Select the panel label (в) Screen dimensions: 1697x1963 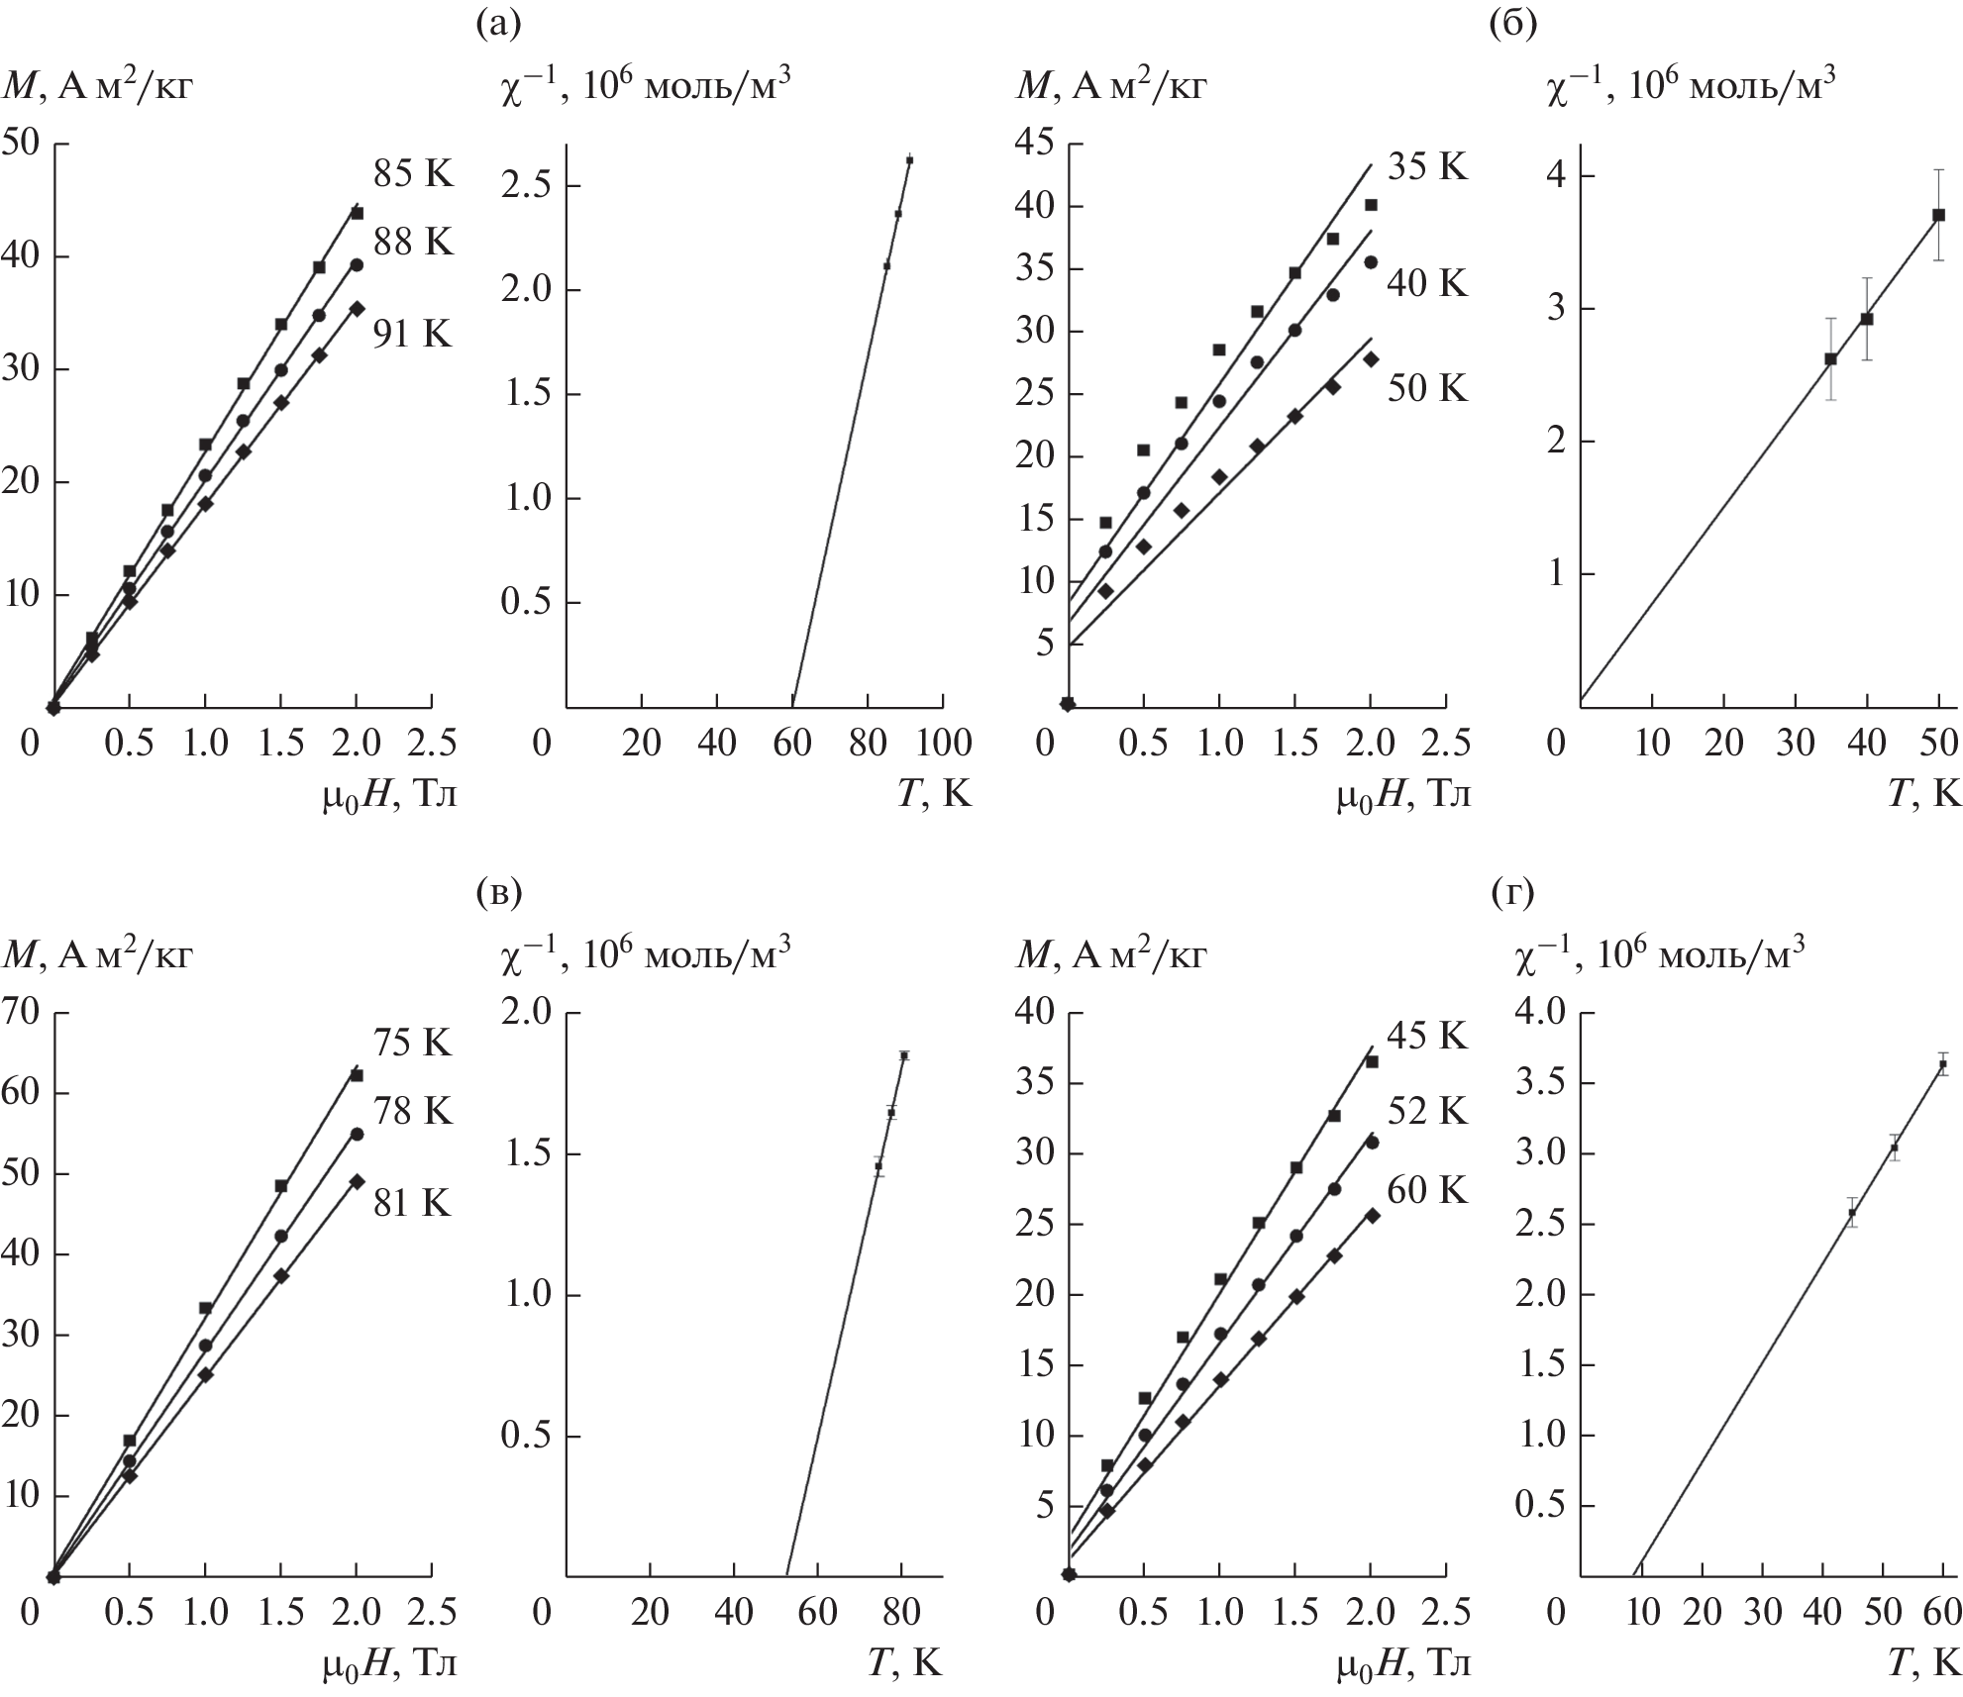[497, 894]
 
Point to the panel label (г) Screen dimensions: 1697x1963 [1511, 894]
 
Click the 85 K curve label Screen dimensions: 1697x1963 [412, 174]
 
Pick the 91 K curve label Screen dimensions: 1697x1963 [412, 335]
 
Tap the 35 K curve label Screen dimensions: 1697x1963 [1426, 167]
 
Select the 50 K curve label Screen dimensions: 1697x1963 [1426, 388]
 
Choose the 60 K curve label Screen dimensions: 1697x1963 [1426, 1189]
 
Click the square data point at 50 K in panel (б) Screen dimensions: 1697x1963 [1939, 215]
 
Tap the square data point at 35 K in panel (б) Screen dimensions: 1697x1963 [1830, 359]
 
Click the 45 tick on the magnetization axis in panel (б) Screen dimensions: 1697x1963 [1038, 145]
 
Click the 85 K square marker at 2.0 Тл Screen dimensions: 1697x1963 [358, 213]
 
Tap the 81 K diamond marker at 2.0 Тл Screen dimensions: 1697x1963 [358, 1181]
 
